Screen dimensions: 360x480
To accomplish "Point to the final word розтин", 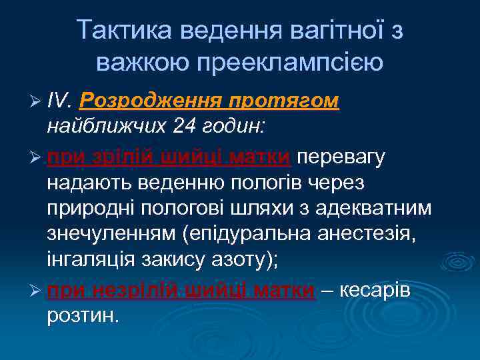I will click(83, 315).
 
